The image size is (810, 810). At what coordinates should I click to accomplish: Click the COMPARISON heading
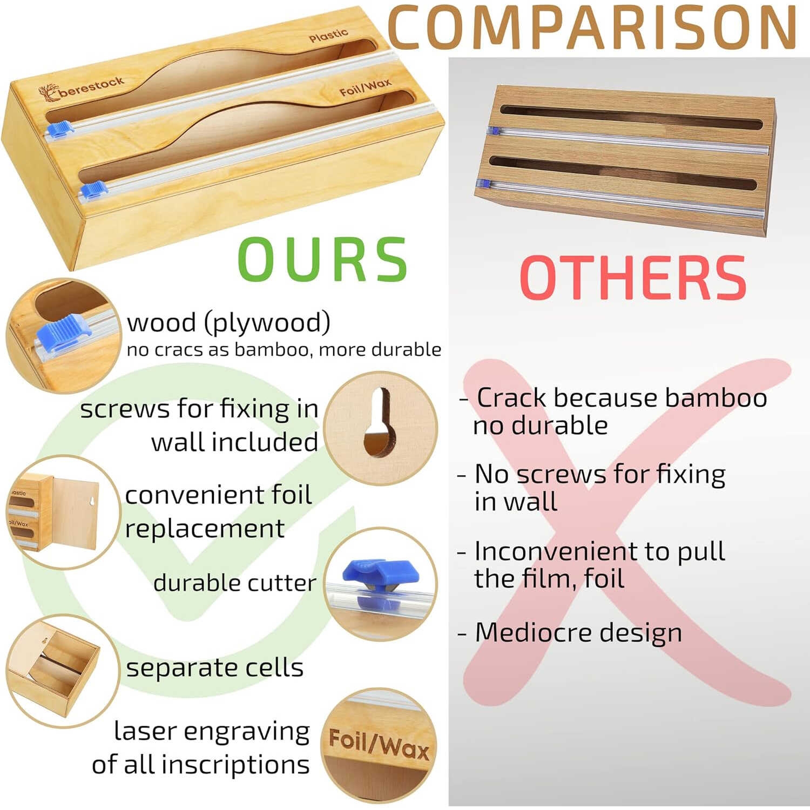coord(592,27)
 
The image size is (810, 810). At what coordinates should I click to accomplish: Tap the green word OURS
coord(322,259)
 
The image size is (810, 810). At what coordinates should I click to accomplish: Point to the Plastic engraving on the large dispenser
coord(328,36)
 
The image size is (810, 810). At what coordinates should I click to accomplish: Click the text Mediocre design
coord(578,632)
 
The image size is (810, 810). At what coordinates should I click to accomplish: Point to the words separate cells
coord(215,668)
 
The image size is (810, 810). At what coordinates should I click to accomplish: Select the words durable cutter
coord(235,583)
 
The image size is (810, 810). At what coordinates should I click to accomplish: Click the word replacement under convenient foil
coord(205,529)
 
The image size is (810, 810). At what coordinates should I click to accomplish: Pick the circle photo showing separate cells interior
coord(63,671)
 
